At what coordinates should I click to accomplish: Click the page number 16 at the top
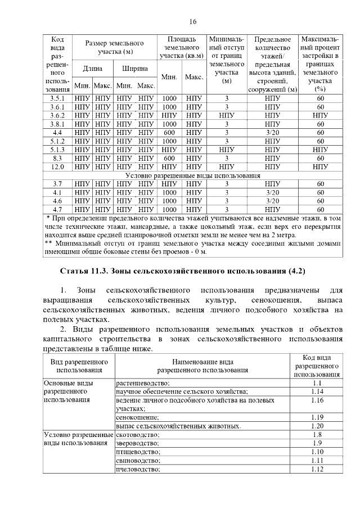(193, 22)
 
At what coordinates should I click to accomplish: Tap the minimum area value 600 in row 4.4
(169, 133)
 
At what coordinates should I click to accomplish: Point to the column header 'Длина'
(93, 69)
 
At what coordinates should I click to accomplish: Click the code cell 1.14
(317, 391)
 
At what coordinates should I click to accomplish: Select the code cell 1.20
(317, 426)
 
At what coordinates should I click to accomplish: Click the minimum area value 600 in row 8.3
(169, 159)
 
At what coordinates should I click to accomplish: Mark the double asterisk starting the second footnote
(49, 244)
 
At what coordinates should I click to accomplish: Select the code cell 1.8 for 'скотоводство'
(317, 434)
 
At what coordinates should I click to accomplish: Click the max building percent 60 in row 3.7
(320, 184)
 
